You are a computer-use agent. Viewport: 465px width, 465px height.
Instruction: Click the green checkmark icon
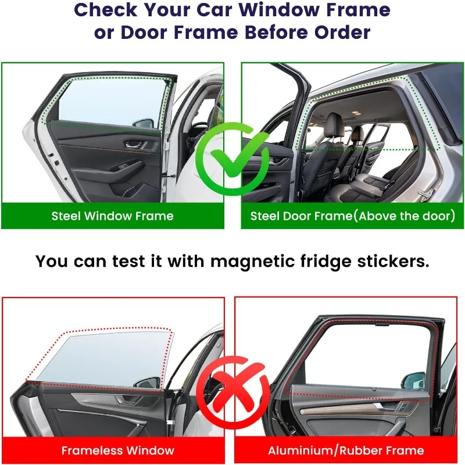(233, 159)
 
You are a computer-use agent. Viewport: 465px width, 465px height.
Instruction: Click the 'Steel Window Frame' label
(112, 216)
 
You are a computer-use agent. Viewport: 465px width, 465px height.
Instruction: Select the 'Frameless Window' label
(117, 450)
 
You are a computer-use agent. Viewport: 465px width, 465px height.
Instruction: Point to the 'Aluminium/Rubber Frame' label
(346, 450)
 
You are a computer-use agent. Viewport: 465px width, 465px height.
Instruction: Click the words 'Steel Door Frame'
(301, 216)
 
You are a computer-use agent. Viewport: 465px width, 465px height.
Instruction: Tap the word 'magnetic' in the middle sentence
(252, 262)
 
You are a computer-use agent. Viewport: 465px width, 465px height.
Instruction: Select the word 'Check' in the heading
(106, 10)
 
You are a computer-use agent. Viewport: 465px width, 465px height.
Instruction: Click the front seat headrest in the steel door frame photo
(335, 123)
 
